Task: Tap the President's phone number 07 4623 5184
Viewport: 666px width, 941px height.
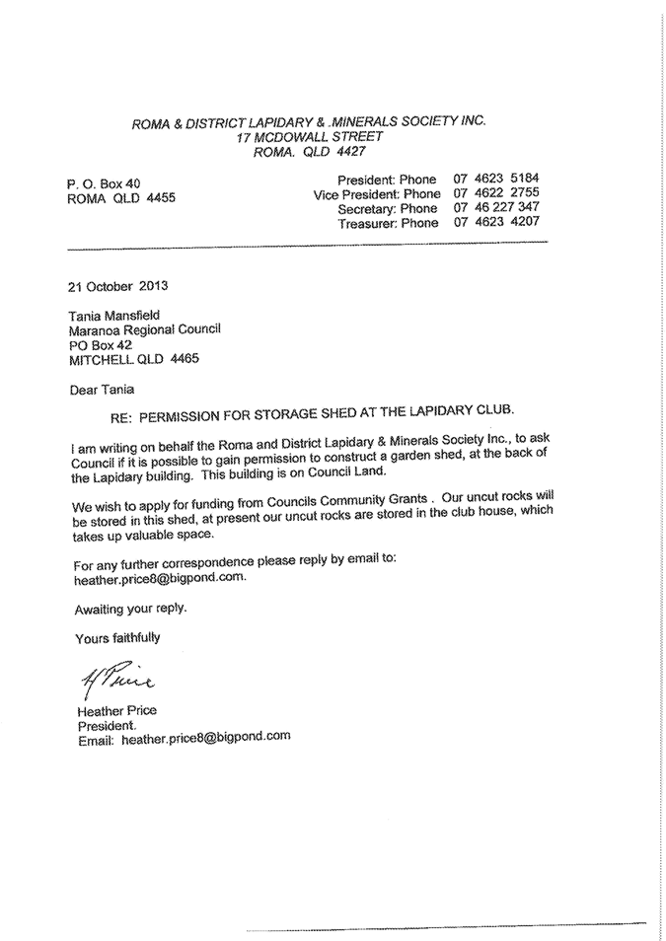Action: (x=496, y=180)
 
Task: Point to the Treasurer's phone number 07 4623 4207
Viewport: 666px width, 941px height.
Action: (x=496, y=223)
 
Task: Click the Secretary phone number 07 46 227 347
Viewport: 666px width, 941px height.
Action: (x=496, y=208)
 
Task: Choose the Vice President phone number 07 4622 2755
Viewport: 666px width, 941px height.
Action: (x=496, y=194)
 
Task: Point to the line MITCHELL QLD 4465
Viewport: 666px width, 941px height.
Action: (x=133, y=359)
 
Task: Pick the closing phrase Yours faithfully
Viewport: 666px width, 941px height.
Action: (x=117, y=638)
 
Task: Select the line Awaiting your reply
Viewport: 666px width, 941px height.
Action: (x=129, y=608)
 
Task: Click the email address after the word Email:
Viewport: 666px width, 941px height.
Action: (x=205, y=736)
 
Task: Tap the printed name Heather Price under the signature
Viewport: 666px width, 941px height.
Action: (x=116, y=710)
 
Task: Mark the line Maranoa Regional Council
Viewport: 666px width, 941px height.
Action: (x=145, y=330)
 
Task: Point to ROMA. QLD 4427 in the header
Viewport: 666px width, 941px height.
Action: (x=310, y=153)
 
